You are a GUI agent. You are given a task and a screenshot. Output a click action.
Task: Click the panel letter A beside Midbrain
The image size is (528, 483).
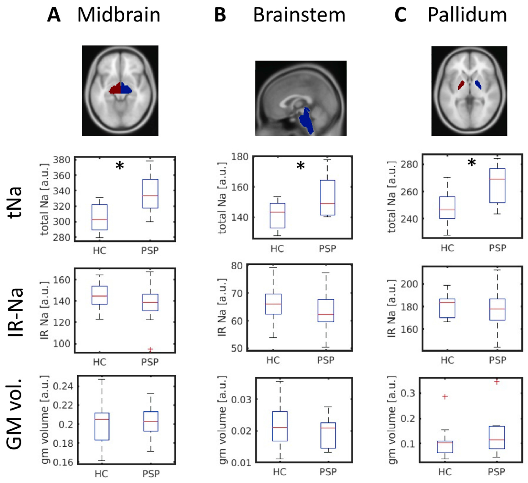point(54,15)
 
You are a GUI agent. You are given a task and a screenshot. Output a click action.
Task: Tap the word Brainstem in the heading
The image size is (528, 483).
point(299,15)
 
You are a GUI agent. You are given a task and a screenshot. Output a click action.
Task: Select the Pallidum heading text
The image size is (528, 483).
point(467,15)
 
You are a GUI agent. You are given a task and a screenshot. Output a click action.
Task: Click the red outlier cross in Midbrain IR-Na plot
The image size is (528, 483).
point(150,349)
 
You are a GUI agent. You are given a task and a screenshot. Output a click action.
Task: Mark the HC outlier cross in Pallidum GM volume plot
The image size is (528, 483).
point(445,396)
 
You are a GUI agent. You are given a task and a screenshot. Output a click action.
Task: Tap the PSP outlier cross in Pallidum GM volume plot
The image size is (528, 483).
point(497,382)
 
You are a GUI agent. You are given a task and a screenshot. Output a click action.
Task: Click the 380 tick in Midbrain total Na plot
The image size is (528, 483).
point(62,160)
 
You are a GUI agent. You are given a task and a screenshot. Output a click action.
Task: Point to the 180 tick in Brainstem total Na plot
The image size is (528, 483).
point(240,157)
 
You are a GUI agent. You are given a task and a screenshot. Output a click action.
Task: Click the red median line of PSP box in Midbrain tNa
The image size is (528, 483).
point(150,196)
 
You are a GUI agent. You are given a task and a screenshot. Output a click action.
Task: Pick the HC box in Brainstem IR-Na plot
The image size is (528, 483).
point(273,304)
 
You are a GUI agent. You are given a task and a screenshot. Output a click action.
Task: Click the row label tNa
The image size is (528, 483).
point(15,202)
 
